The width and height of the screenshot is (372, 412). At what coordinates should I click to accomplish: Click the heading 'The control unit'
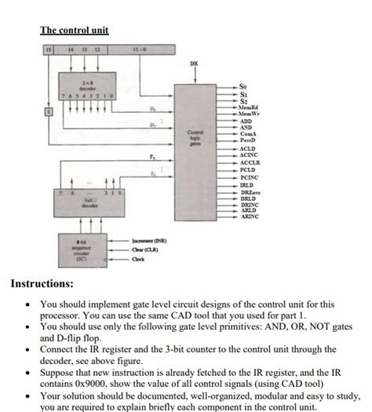click(x=74, y=31)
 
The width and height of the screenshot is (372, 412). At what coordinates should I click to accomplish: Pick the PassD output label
click(x=249, y=139)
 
